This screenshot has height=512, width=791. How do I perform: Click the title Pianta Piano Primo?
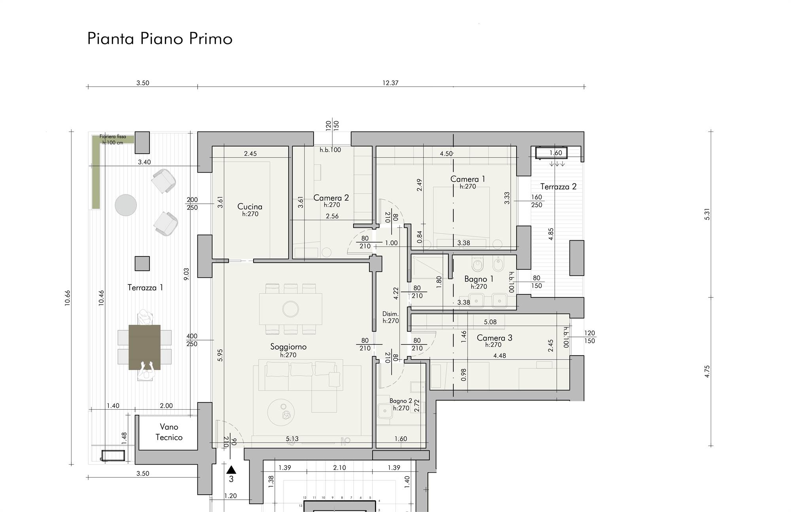pyautogui.click(x=160, y=39)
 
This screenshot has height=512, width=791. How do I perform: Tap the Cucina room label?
pyautogui.click(x=250, y=207)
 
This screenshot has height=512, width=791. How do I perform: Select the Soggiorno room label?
pyautogui.click(x=288, y=347)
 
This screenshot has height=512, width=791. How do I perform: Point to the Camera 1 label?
pyautogui.click(x=467, y=179)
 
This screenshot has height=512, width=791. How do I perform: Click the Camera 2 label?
pyautogui.click(x=331, y=198)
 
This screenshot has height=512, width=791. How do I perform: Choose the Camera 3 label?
pyautogui.click(x=494, y=338)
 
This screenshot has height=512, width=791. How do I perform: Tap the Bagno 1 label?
pyautogui.click(x=479, y=279)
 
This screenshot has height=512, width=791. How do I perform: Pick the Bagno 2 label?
pyautogui.click(x=401, y=401)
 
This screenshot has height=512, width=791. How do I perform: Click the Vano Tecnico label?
pyautogui.click(x=169, y=432)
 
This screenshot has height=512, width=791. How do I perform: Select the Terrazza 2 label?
pyautogui.click(x=558, y=186)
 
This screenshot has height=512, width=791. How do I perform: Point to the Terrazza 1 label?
pyautogui.click(x=145, y=288)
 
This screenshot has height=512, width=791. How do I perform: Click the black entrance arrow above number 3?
pyautogui.click(x=231, y=470)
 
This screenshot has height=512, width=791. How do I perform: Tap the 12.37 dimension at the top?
pyautogui.click(x=390, y=83)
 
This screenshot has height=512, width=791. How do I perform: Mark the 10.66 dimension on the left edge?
pyautogui.click(x=67, y=298)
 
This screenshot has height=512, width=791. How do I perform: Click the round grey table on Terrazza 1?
pyautogui.click(x=126, y=205)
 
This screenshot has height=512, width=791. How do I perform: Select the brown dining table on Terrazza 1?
pyautogui.click(x=144, y=347)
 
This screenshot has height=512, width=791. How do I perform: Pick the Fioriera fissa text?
pyautogui.click(x=113, y=137)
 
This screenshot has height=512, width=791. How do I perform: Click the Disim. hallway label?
pyautogui.click(x=390, y=314)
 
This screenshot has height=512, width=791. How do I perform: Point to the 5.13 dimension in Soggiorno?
pyautogui.click(x=292, y=439)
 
